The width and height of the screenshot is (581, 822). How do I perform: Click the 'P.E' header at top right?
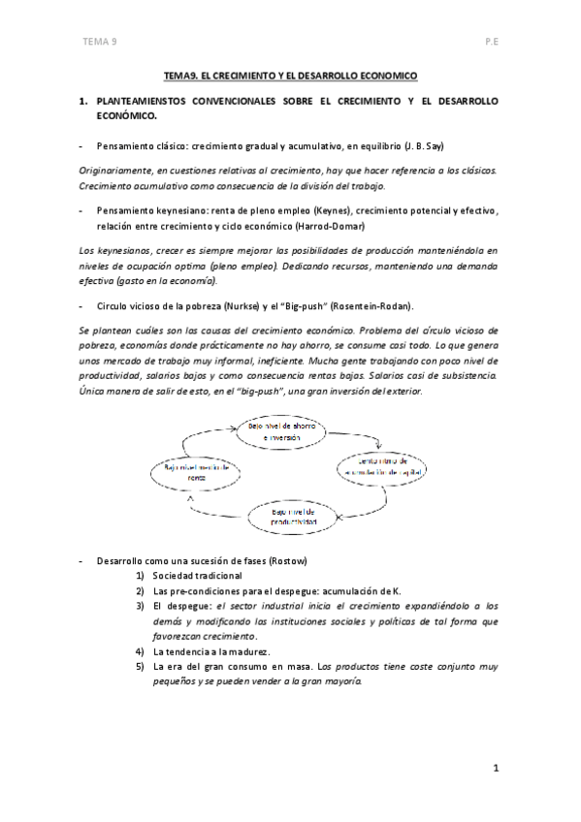pos(491,43)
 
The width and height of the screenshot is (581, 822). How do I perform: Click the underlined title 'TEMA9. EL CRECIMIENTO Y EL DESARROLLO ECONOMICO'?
pos(289,75)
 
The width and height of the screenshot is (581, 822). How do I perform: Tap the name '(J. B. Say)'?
pos(424,145)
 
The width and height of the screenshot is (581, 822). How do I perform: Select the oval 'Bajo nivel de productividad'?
pos(293,516)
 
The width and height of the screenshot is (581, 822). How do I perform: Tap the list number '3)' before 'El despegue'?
pos(141,606)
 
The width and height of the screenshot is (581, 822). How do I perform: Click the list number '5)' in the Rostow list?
pos(141,666)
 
